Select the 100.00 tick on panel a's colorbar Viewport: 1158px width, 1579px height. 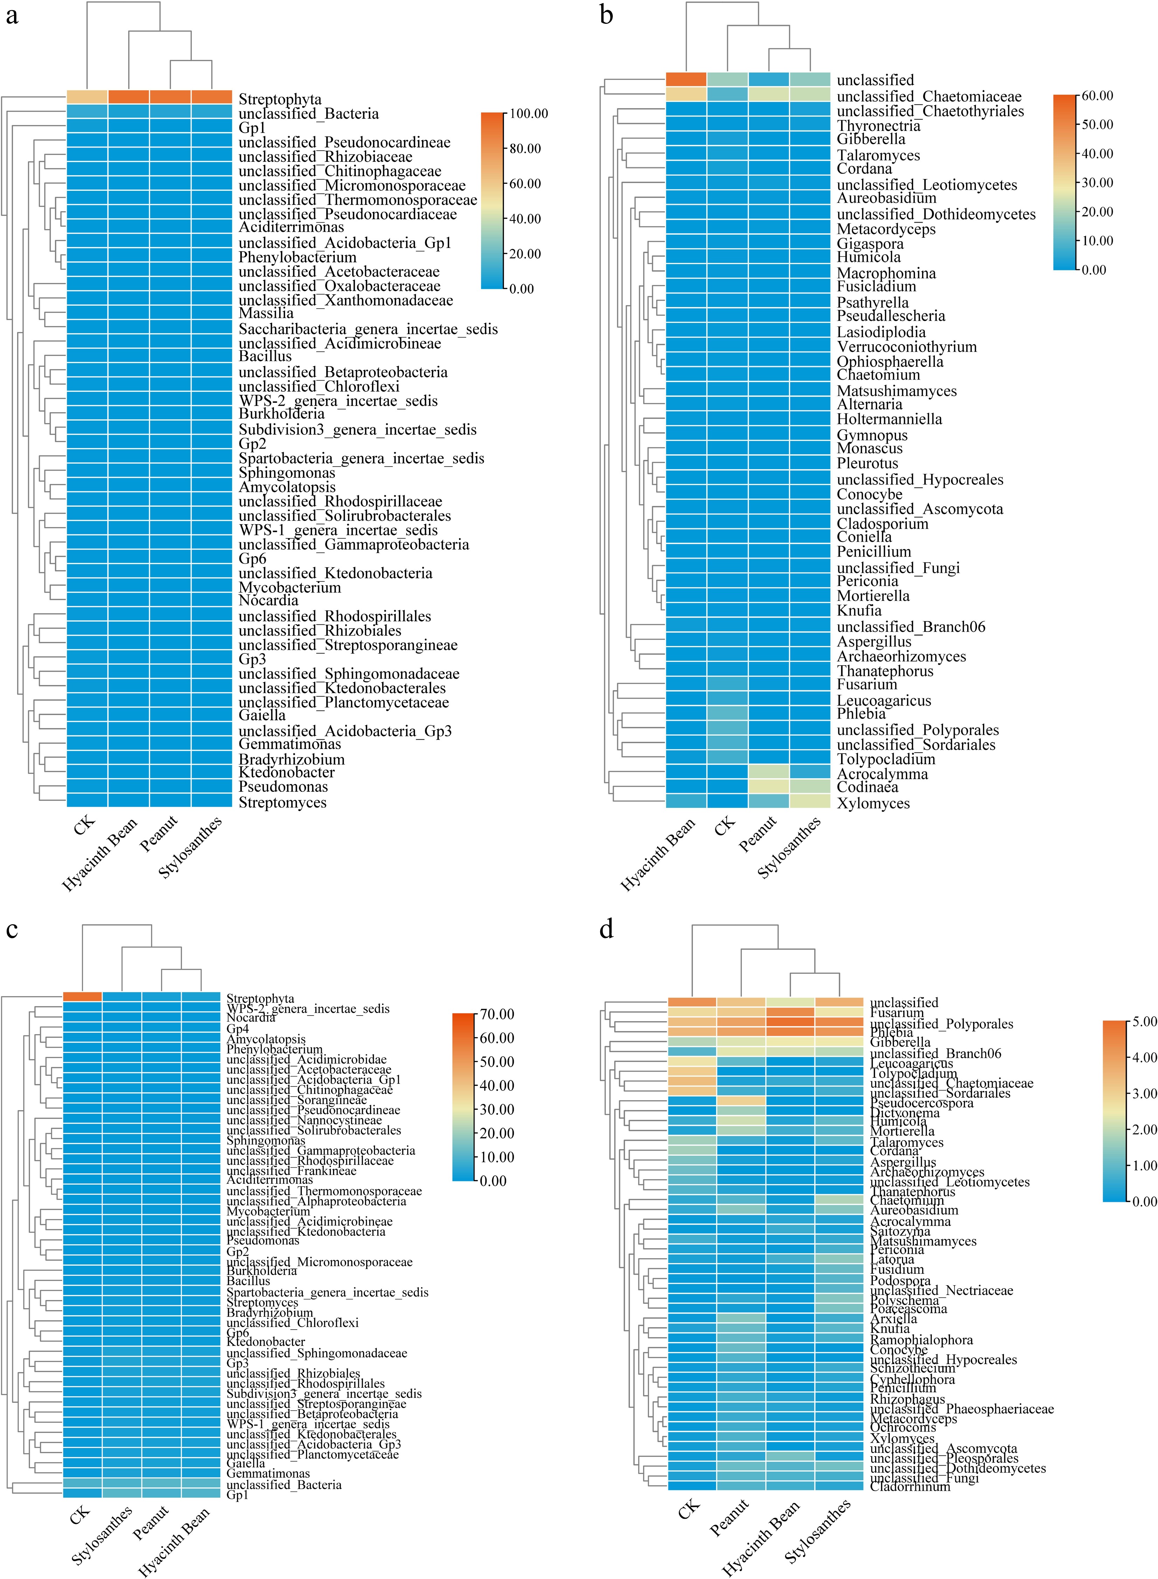coord(528,113)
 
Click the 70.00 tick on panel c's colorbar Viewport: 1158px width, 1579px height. coord(497,1014)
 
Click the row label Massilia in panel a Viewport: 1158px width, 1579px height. coord(266,313)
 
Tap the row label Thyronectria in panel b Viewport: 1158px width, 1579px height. coord(878,126)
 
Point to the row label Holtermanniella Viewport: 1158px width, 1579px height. coord(889,419)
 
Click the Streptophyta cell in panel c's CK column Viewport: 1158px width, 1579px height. coord(83,997)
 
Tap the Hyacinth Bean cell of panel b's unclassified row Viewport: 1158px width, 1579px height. coord(686,79)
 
